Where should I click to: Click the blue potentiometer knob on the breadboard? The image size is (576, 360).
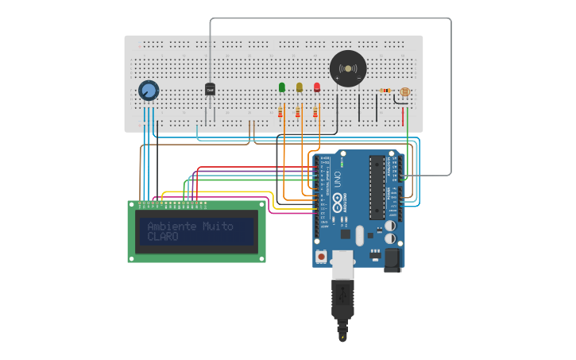(148, 91)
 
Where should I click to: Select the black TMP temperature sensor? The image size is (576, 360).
(210, 90)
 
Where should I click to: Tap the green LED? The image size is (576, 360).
(281, 87)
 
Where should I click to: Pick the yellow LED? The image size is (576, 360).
(300, 87)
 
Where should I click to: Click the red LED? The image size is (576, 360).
(317, 87)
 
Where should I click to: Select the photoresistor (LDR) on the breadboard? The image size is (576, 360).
(404, 92)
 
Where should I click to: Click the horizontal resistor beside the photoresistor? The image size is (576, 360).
(385, 91)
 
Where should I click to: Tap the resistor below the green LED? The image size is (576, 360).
(280, 113)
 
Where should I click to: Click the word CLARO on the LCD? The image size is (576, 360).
(163, 237)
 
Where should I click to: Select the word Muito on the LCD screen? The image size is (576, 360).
(218, 226)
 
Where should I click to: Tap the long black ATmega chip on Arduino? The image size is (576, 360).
(377, 188)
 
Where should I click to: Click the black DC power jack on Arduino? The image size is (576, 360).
(392, 259)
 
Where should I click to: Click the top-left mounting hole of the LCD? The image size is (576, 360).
(132, 204)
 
